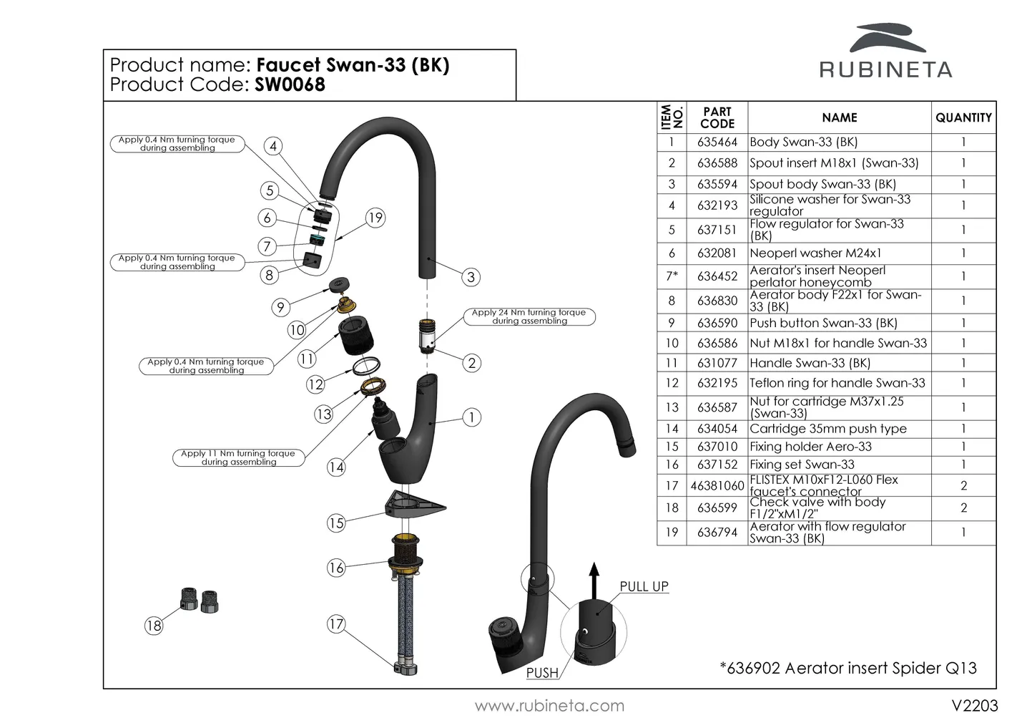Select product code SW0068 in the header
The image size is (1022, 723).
[290, 84]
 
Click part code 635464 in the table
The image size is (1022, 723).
[717, 142]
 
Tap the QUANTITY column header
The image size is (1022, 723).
[963, 118]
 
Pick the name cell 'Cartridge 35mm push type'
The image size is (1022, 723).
[827, 429]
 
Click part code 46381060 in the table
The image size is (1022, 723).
[717, 486]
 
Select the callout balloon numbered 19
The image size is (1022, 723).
[375, 218]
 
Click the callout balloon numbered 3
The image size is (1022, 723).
[470, 277]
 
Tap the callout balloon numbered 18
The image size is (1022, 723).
[154, 626]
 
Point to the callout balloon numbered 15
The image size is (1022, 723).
[336, 523]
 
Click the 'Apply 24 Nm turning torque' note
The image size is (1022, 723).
[529, 316]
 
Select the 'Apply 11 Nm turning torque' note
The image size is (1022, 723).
[238, 457]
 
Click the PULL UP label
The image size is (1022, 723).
[644, 586]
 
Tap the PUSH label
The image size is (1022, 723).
[542, 673]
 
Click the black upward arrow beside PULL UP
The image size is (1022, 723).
[592, 578]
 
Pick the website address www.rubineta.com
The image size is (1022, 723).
[549, 706]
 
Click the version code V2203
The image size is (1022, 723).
[974, 706]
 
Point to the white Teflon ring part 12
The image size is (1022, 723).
[365, 367]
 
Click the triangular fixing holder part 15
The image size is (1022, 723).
[415, 504]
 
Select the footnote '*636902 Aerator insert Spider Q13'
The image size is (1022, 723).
[847, 668]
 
